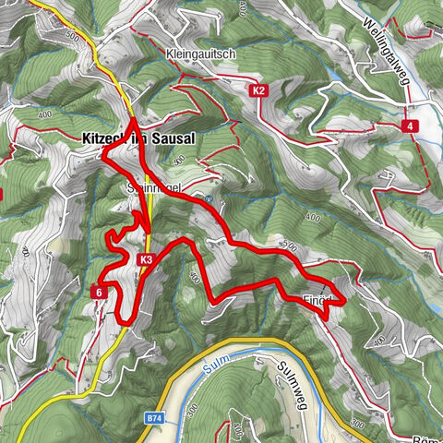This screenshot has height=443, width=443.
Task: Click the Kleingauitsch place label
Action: pos(201,54)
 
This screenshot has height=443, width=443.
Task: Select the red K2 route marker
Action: pos(259,90)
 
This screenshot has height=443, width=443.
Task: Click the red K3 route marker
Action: pos(147,260)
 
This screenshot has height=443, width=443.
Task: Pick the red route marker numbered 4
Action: pos(407,126)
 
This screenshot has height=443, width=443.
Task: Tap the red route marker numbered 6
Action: pos(98,292)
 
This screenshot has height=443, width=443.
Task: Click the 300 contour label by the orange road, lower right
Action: pos(357,425)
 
